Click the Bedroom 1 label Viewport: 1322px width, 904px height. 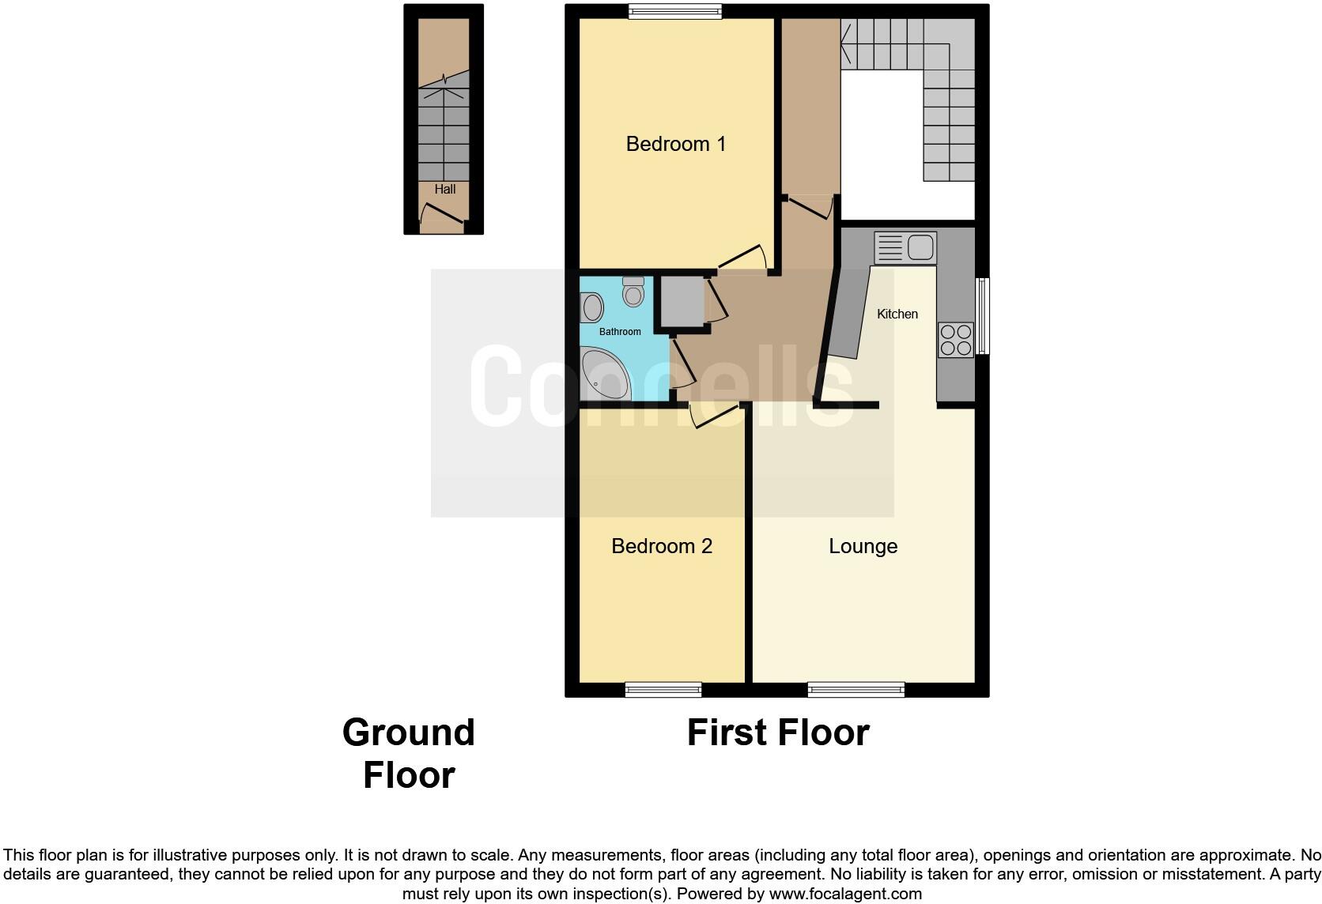click(x=675, y=144)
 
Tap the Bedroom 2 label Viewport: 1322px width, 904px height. click(x=662, y=546)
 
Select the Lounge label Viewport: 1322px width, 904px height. click(x=863, y=546)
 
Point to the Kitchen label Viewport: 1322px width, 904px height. click(x=897, y=314)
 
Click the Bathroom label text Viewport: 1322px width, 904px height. click(x=620, y=332)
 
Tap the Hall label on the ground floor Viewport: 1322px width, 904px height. click(x=444, y=190)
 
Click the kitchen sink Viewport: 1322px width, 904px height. click(x=906, y=247)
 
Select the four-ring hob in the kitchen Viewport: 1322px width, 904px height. click(x=955, y=340)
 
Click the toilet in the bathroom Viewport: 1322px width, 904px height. click(x=633, y=292)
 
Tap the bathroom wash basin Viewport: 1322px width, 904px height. click(x=592, y=307)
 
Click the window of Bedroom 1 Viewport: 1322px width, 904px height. click(x=675, y=11)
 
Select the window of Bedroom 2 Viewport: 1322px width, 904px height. click(x=663, y=690)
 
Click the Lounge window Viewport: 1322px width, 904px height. click(x=856, y=690)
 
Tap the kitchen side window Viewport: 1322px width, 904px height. click(x=982, y=315)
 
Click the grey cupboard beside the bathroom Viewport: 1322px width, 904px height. click(x=682, y=301)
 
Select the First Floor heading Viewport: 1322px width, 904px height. click(x=778, y=733)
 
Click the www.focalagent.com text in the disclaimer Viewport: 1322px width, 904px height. click(x=844, y=894)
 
